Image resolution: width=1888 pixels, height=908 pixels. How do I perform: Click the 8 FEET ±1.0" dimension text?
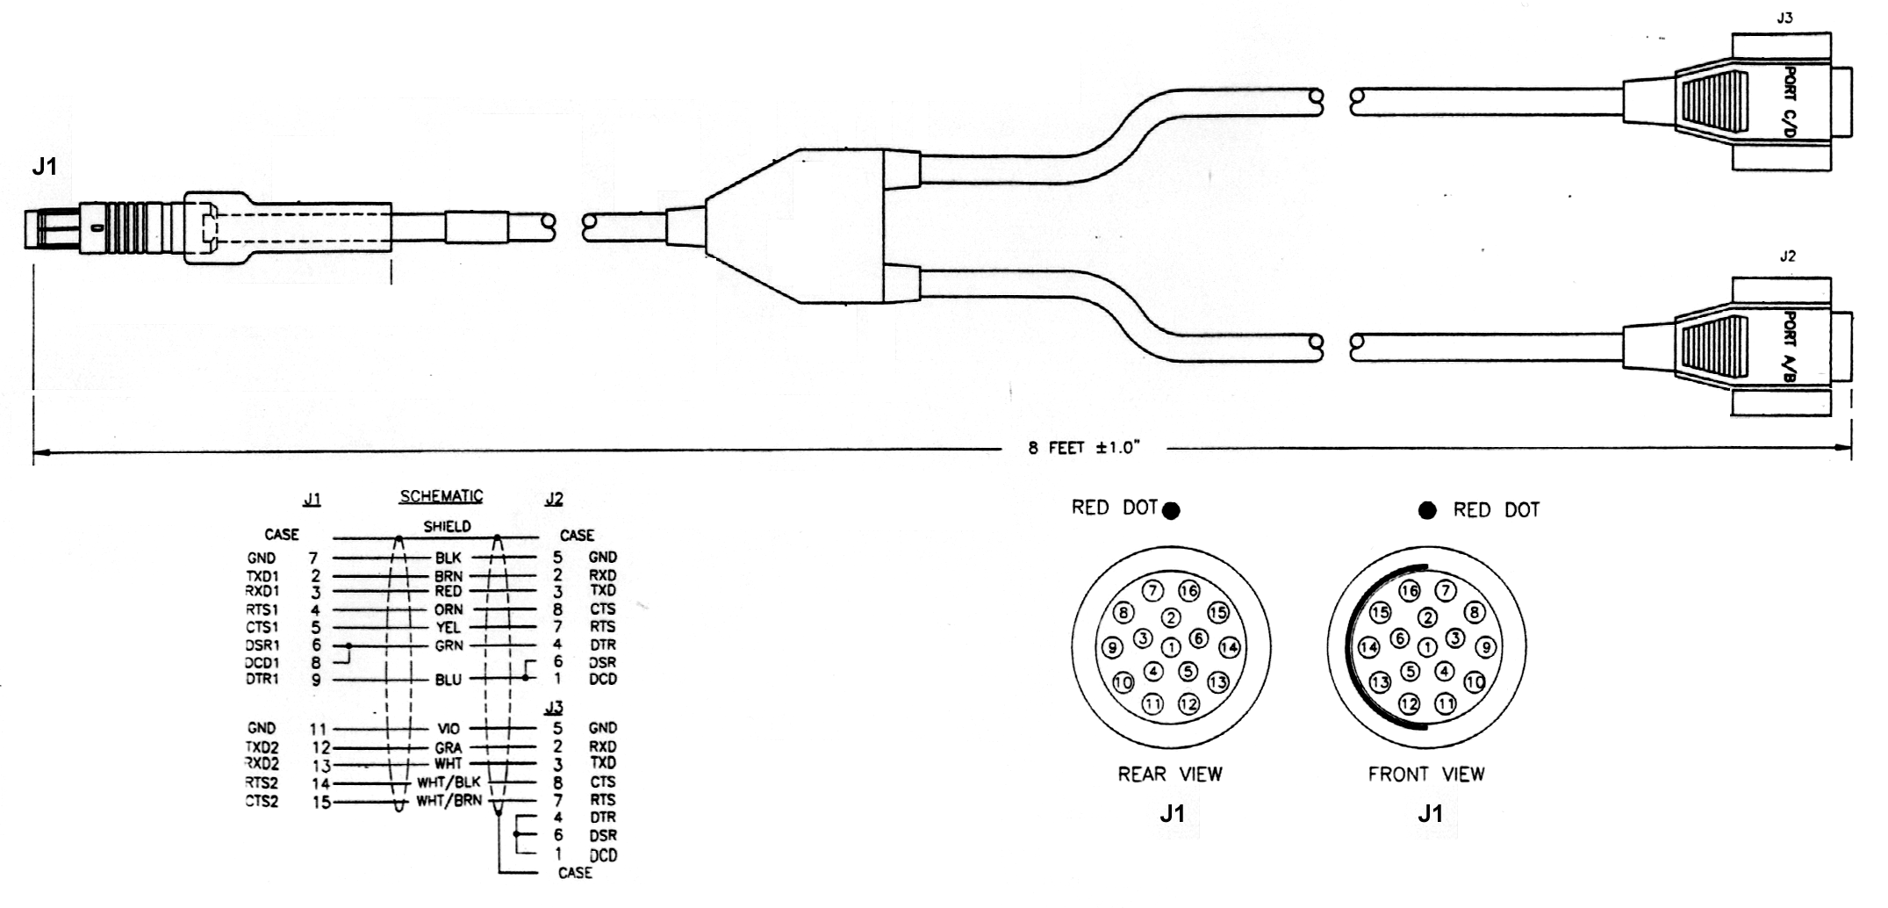[1083, 448]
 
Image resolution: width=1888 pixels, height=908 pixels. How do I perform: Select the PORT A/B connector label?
[1791, 347]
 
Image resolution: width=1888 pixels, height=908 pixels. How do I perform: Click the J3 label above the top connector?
[1784, 18]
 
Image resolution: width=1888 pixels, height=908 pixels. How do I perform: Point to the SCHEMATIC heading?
[441, 496]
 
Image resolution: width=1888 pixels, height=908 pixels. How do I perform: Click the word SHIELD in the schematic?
[447, 527]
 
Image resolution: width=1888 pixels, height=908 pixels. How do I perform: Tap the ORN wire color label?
[449, 609]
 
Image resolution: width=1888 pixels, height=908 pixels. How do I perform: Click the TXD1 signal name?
[262, 576]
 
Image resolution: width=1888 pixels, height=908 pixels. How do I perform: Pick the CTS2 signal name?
[262, 801]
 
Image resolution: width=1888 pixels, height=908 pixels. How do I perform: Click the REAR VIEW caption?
[1169, 775]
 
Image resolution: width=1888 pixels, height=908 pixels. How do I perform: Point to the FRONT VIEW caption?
[1426, 775]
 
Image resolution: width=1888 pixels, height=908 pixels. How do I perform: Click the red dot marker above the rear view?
[1171, 511]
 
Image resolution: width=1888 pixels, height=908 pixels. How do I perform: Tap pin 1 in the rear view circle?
[1171, 648]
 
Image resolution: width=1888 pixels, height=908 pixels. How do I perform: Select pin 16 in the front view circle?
[1409, 591]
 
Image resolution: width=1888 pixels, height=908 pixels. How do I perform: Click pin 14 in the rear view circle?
[1229, 648]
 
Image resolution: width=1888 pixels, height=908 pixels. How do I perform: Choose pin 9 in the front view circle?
[1484, 648]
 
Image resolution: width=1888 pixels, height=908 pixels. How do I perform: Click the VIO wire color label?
[449, 729]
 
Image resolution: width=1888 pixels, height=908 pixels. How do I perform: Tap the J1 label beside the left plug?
[44, 166]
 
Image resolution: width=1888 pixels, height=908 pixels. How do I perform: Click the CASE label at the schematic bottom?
[575, 873]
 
